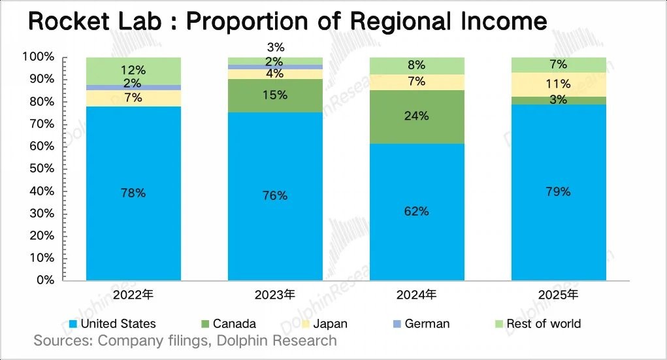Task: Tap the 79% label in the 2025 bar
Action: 558,191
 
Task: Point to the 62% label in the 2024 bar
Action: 416,211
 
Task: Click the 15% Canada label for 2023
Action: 275,95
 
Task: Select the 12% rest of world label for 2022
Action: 133,69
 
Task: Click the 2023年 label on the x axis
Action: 275,295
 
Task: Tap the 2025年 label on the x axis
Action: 558,295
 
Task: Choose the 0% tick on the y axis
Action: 44,280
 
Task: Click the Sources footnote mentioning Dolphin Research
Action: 185,340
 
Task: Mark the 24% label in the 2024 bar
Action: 417,116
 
